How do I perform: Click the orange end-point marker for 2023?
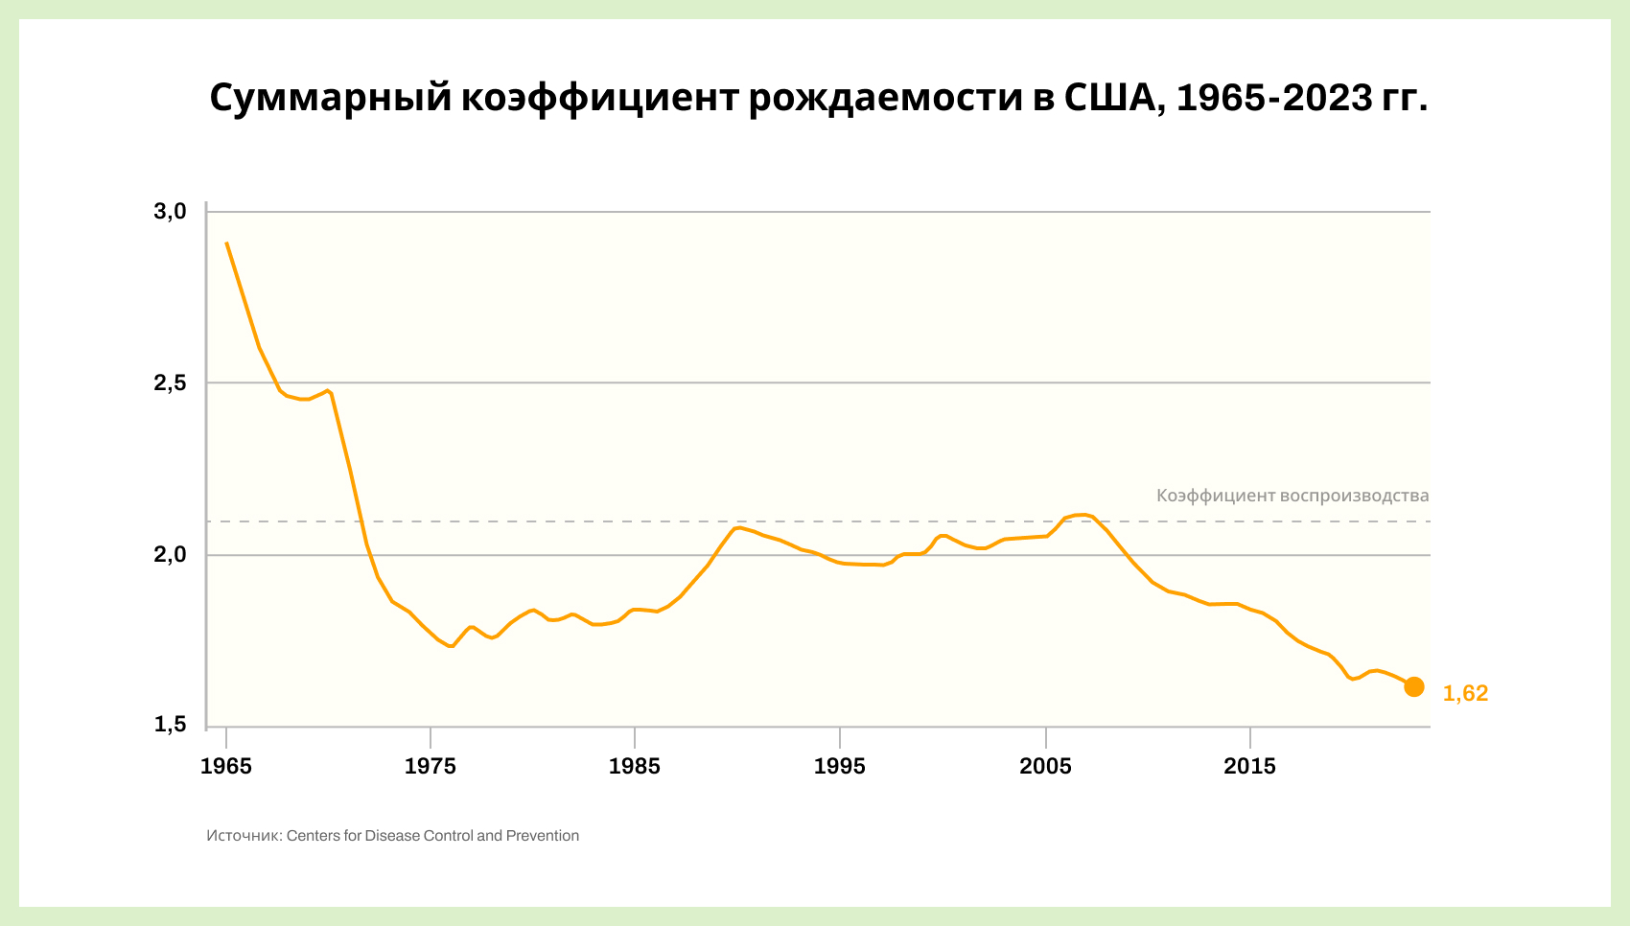(1413, 686)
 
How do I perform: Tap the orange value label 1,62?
(1465, 694)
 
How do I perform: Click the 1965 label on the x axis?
(226, 767)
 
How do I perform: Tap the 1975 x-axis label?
(431, 767)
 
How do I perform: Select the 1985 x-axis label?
(635, 767)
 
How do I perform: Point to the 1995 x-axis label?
(840, 767)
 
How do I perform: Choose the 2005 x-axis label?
(1045, 767)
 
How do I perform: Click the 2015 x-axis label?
(1250, 767)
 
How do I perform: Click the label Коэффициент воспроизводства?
(1292, 496)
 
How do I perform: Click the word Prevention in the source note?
(543, 836)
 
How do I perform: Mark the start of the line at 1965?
(226, 243)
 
